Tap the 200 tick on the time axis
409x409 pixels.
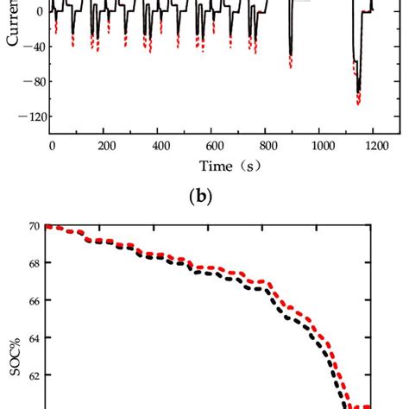106,147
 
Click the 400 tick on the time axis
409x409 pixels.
160,147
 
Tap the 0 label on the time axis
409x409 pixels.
52,147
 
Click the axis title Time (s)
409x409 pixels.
213,166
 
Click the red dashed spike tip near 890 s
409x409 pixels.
291,67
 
